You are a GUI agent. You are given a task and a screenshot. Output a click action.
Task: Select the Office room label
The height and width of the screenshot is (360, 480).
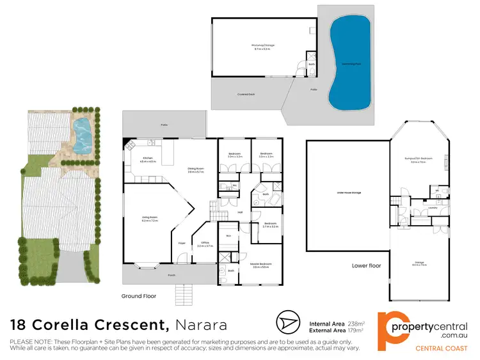205,244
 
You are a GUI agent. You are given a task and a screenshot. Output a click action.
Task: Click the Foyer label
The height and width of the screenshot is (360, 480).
182,242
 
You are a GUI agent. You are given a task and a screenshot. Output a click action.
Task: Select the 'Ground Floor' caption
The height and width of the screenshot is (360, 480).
139,296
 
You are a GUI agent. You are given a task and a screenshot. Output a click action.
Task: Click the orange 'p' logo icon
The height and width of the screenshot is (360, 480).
391,327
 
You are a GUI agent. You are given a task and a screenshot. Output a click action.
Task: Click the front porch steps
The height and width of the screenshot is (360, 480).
184,293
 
